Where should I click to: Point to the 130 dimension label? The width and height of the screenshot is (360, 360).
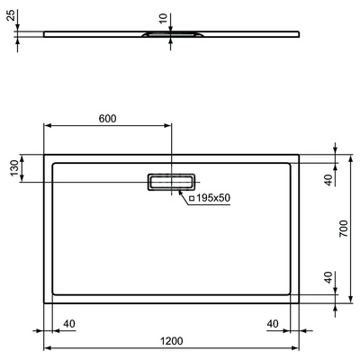(x=13, y=168)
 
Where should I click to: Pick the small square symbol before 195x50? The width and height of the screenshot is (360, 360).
(x=191, y=197)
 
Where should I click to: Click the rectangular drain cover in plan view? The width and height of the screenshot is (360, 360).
(x=170, y=181)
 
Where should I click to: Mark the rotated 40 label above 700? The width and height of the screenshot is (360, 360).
(x=329, y=179)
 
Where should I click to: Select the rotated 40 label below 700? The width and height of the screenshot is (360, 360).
(x=329, y=277)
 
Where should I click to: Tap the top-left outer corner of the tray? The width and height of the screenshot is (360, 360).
(x=45, y=153)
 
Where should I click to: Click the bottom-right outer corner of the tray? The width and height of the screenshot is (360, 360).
(x=299, y=302)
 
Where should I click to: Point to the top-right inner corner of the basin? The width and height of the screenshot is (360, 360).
(x=290, y=163)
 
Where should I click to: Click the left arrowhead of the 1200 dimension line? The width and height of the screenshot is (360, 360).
(x=48, y=348)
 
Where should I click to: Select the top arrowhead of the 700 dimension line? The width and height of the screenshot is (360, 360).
(x=353, y=156)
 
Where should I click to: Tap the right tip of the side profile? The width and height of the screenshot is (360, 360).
(x=299, y=35)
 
